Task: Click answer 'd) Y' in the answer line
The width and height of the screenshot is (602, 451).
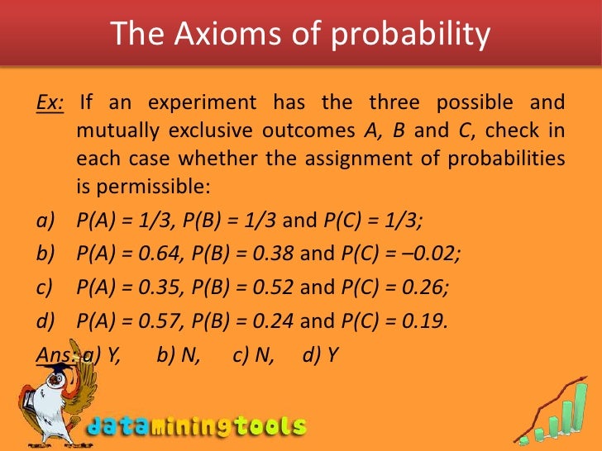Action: [321, 354]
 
